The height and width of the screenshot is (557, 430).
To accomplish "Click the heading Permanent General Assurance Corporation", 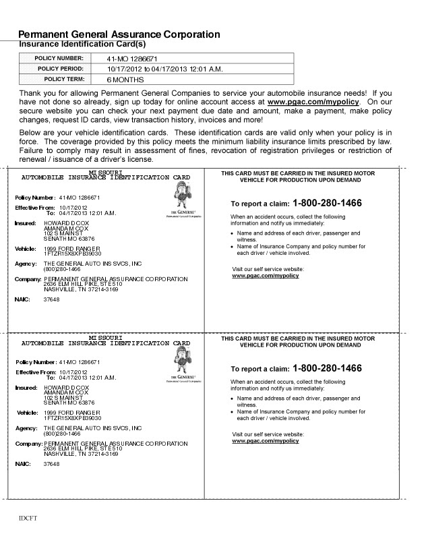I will [x=119, y=34].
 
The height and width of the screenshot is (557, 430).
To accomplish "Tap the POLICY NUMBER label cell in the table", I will [x=59, y=59].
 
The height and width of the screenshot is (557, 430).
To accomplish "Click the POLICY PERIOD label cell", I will [x=60, y=69].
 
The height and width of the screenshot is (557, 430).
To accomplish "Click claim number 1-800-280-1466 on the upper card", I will [x=327, y=203].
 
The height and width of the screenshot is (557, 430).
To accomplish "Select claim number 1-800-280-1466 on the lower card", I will [x=327, y=369].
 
